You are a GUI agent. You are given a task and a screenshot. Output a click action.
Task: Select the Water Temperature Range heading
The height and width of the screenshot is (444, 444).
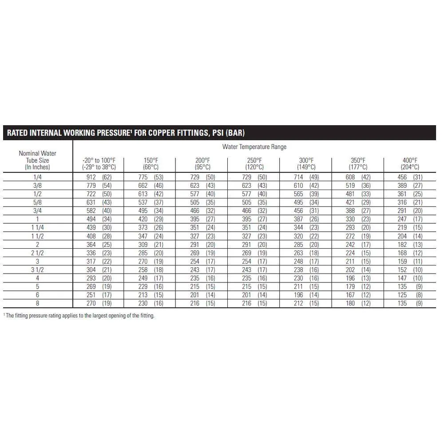click(254, 147)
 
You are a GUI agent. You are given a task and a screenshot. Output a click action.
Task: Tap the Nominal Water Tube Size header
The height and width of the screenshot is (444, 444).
click(37, 160)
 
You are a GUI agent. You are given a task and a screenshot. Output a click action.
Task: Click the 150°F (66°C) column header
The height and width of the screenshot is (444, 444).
click(151, 164)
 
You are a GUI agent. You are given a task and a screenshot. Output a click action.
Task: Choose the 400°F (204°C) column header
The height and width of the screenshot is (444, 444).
click(410, 164)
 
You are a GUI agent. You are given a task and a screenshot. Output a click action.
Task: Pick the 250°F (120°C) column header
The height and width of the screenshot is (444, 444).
click(254, 164)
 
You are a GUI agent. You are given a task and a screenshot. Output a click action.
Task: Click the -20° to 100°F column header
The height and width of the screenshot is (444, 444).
click(99, 164)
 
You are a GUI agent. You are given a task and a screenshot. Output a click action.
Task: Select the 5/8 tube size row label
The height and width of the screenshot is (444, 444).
click(37, 202)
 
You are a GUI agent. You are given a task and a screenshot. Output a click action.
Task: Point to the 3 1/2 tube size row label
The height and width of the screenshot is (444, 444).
click(37, 270)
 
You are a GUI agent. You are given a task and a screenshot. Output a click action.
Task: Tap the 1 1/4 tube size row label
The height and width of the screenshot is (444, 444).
click(37, 228)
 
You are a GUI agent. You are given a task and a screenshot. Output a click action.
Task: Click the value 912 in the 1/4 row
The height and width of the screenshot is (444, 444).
click(91, 177)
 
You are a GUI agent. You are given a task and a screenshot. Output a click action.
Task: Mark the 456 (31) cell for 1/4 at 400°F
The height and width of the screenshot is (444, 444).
click(410, 177)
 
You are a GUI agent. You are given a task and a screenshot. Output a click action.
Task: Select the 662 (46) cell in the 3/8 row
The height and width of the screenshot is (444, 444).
click(151, 186)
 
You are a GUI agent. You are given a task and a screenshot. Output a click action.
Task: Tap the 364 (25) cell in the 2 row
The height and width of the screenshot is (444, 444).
click(99, 245)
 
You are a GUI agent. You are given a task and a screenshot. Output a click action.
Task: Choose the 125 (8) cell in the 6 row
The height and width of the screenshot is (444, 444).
click(410, 295)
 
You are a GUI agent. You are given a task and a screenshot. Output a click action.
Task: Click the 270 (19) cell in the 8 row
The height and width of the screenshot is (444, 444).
click(99, 304)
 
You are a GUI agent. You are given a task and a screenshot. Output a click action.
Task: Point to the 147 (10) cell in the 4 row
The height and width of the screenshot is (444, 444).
click(410, 278)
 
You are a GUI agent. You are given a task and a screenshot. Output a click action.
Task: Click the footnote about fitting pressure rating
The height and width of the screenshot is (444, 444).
click(79, 316)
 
